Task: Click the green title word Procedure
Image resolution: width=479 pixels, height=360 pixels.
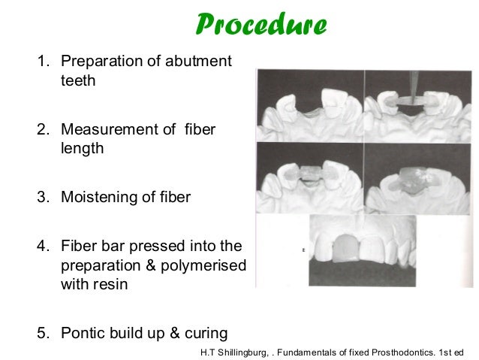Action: pyautogui.click(x=261, y=25)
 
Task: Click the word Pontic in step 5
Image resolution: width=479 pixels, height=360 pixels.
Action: pyautogui.click(x=85, y=333)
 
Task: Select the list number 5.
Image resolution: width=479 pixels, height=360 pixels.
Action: pyautogui.click(x=42, y=333)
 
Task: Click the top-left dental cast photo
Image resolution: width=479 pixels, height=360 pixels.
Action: pyautogui.click(x=310, y=104)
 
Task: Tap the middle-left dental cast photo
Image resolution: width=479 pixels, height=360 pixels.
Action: pyautogui.click(x=310, y=177)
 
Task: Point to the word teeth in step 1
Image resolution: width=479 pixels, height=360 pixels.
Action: pyautogui.click(x=78, y=80)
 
